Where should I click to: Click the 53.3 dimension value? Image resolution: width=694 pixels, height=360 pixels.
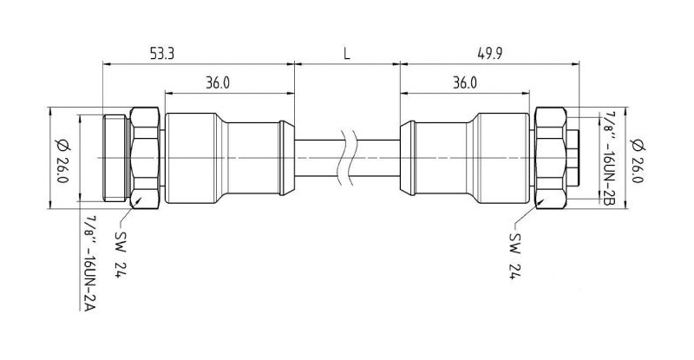pos(162,54)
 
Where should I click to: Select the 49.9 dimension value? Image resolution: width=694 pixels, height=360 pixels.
pos(489,54)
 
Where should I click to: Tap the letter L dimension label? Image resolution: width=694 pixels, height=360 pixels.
pos(346,54)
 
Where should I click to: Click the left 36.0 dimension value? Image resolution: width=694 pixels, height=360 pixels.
pos(218,82)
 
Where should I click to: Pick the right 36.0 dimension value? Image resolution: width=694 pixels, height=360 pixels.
pos(465,82)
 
